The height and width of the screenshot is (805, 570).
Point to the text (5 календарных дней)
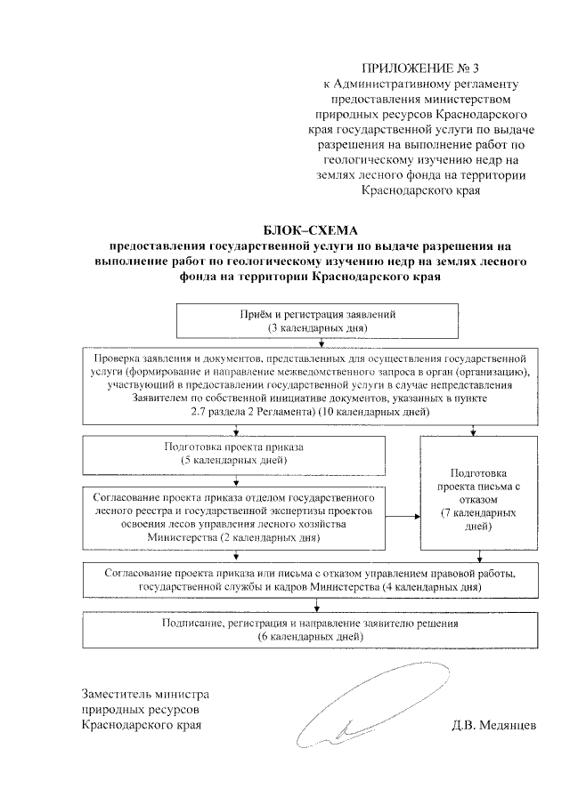(234, 460)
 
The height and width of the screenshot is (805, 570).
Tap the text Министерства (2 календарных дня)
(234, 538)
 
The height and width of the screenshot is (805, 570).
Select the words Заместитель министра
(144, 693)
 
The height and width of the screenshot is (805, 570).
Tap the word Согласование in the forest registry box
(127, 490)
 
